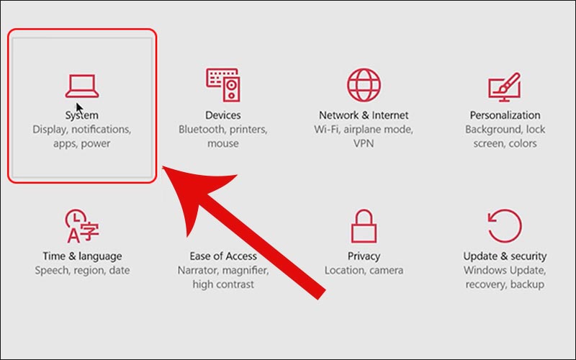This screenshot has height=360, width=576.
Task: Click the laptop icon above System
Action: (82, 86)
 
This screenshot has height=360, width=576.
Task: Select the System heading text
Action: (82, 115)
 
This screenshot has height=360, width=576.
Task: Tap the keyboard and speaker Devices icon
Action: (223, 85)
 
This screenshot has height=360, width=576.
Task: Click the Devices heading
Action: (223, 115)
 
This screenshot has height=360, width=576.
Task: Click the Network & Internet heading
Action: (364, 115)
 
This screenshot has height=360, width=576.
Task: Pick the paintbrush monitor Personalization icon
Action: (505, 86)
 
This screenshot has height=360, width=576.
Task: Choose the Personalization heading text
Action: (505, 115)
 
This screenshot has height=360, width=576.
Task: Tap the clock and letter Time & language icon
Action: (82, 226)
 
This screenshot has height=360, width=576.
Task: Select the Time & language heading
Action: (82, 256)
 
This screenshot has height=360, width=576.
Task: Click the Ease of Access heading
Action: (223, 256)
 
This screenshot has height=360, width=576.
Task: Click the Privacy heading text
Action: (364, 256)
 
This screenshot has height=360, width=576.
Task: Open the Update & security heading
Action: (505, 256)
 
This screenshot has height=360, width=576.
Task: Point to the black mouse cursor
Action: (79, 109)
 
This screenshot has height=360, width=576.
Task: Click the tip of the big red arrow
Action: (163, 166)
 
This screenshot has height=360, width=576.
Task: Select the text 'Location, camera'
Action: (364, 271)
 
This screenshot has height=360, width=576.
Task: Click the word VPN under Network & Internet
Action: (364, 143)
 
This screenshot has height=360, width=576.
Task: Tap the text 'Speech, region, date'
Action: (82, 271)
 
